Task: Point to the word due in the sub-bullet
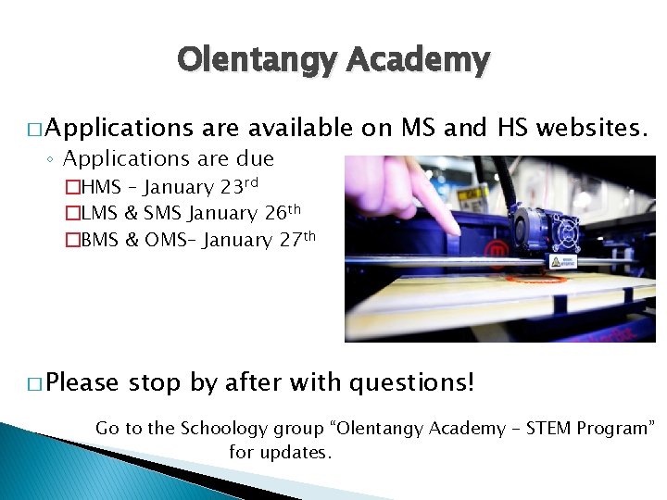(x=256, y=158)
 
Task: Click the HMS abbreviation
(x=99, y=188)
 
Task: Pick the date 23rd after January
(x=239, y=186)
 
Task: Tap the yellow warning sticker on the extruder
(x=556, y=262)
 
